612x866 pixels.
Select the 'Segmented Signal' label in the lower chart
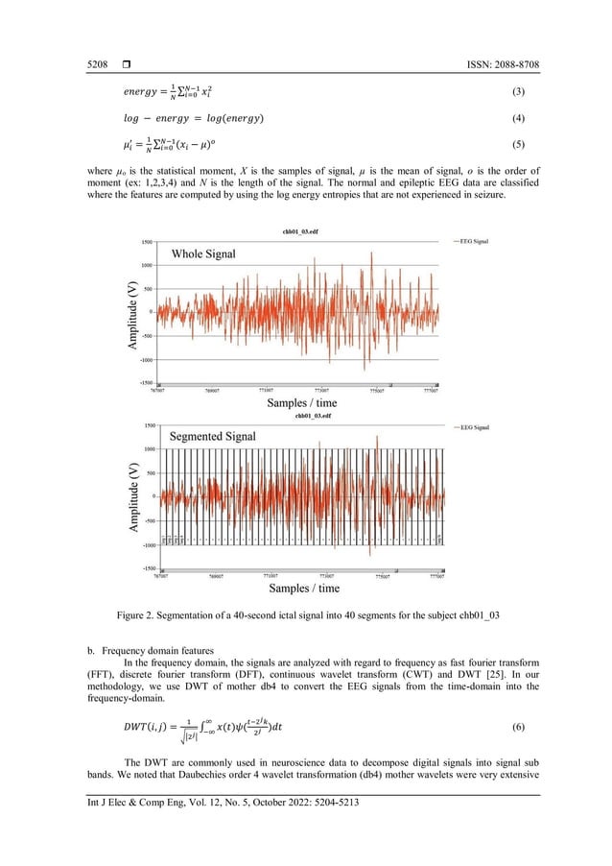tap(213, 435)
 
